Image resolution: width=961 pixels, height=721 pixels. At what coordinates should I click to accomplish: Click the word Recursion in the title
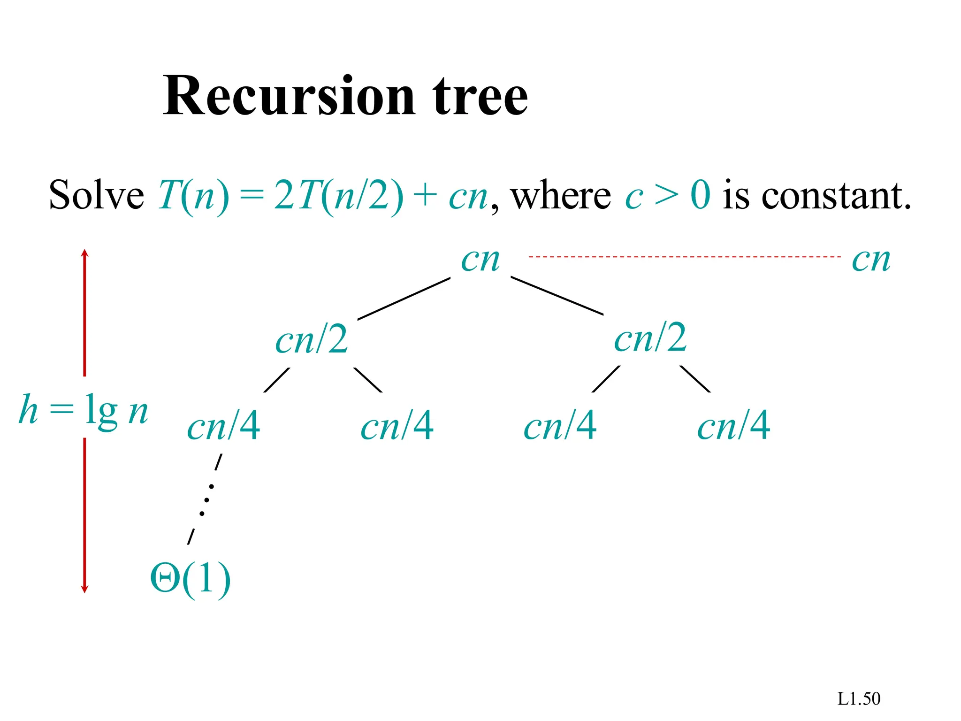(x=289, y=96)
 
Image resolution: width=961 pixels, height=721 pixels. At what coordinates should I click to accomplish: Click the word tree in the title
(x=480, y=96)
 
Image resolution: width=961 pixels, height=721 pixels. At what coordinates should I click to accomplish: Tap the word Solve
(x=96, y=195)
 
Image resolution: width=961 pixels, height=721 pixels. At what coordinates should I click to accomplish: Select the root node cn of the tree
(x=480, y=259)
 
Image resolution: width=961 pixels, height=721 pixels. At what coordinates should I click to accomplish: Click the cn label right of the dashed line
(x=871, y=259)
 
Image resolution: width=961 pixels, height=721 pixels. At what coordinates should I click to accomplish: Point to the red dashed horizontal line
(x=684, y=257)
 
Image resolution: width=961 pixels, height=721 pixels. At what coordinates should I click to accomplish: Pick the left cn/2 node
(x=312, y=339)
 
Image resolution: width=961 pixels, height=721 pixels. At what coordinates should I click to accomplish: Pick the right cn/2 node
(x=650, y=338)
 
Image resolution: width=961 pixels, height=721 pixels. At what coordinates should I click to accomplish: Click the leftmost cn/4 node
(x=223, y=426)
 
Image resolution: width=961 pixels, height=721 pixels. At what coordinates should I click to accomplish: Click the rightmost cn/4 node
(x=733, y=426)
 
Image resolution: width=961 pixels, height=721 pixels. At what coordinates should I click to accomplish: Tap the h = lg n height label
(x=84, y=409)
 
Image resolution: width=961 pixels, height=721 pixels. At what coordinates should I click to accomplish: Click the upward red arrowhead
(x=84, y=253)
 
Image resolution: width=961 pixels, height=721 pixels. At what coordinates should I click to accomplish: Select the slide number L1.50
(x=859, y=699)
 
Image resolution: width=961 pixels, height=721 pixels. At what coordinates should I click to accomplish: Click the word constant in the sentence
(x=836, y=195)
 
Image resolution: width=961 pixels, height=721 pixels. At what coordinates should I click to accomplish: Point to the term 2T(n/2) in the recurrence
(x=338, y=195)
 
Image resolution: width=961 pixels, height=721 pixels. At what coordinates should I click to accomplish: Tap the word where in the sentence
(x=561, y=195)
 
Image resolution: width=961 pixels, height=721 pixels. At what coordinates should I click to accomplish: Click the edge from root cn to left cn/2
(x=404, y=299)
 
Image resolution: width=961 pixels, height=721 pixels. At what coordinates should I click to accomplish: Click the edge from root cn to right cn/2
(x=557, y=296)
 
